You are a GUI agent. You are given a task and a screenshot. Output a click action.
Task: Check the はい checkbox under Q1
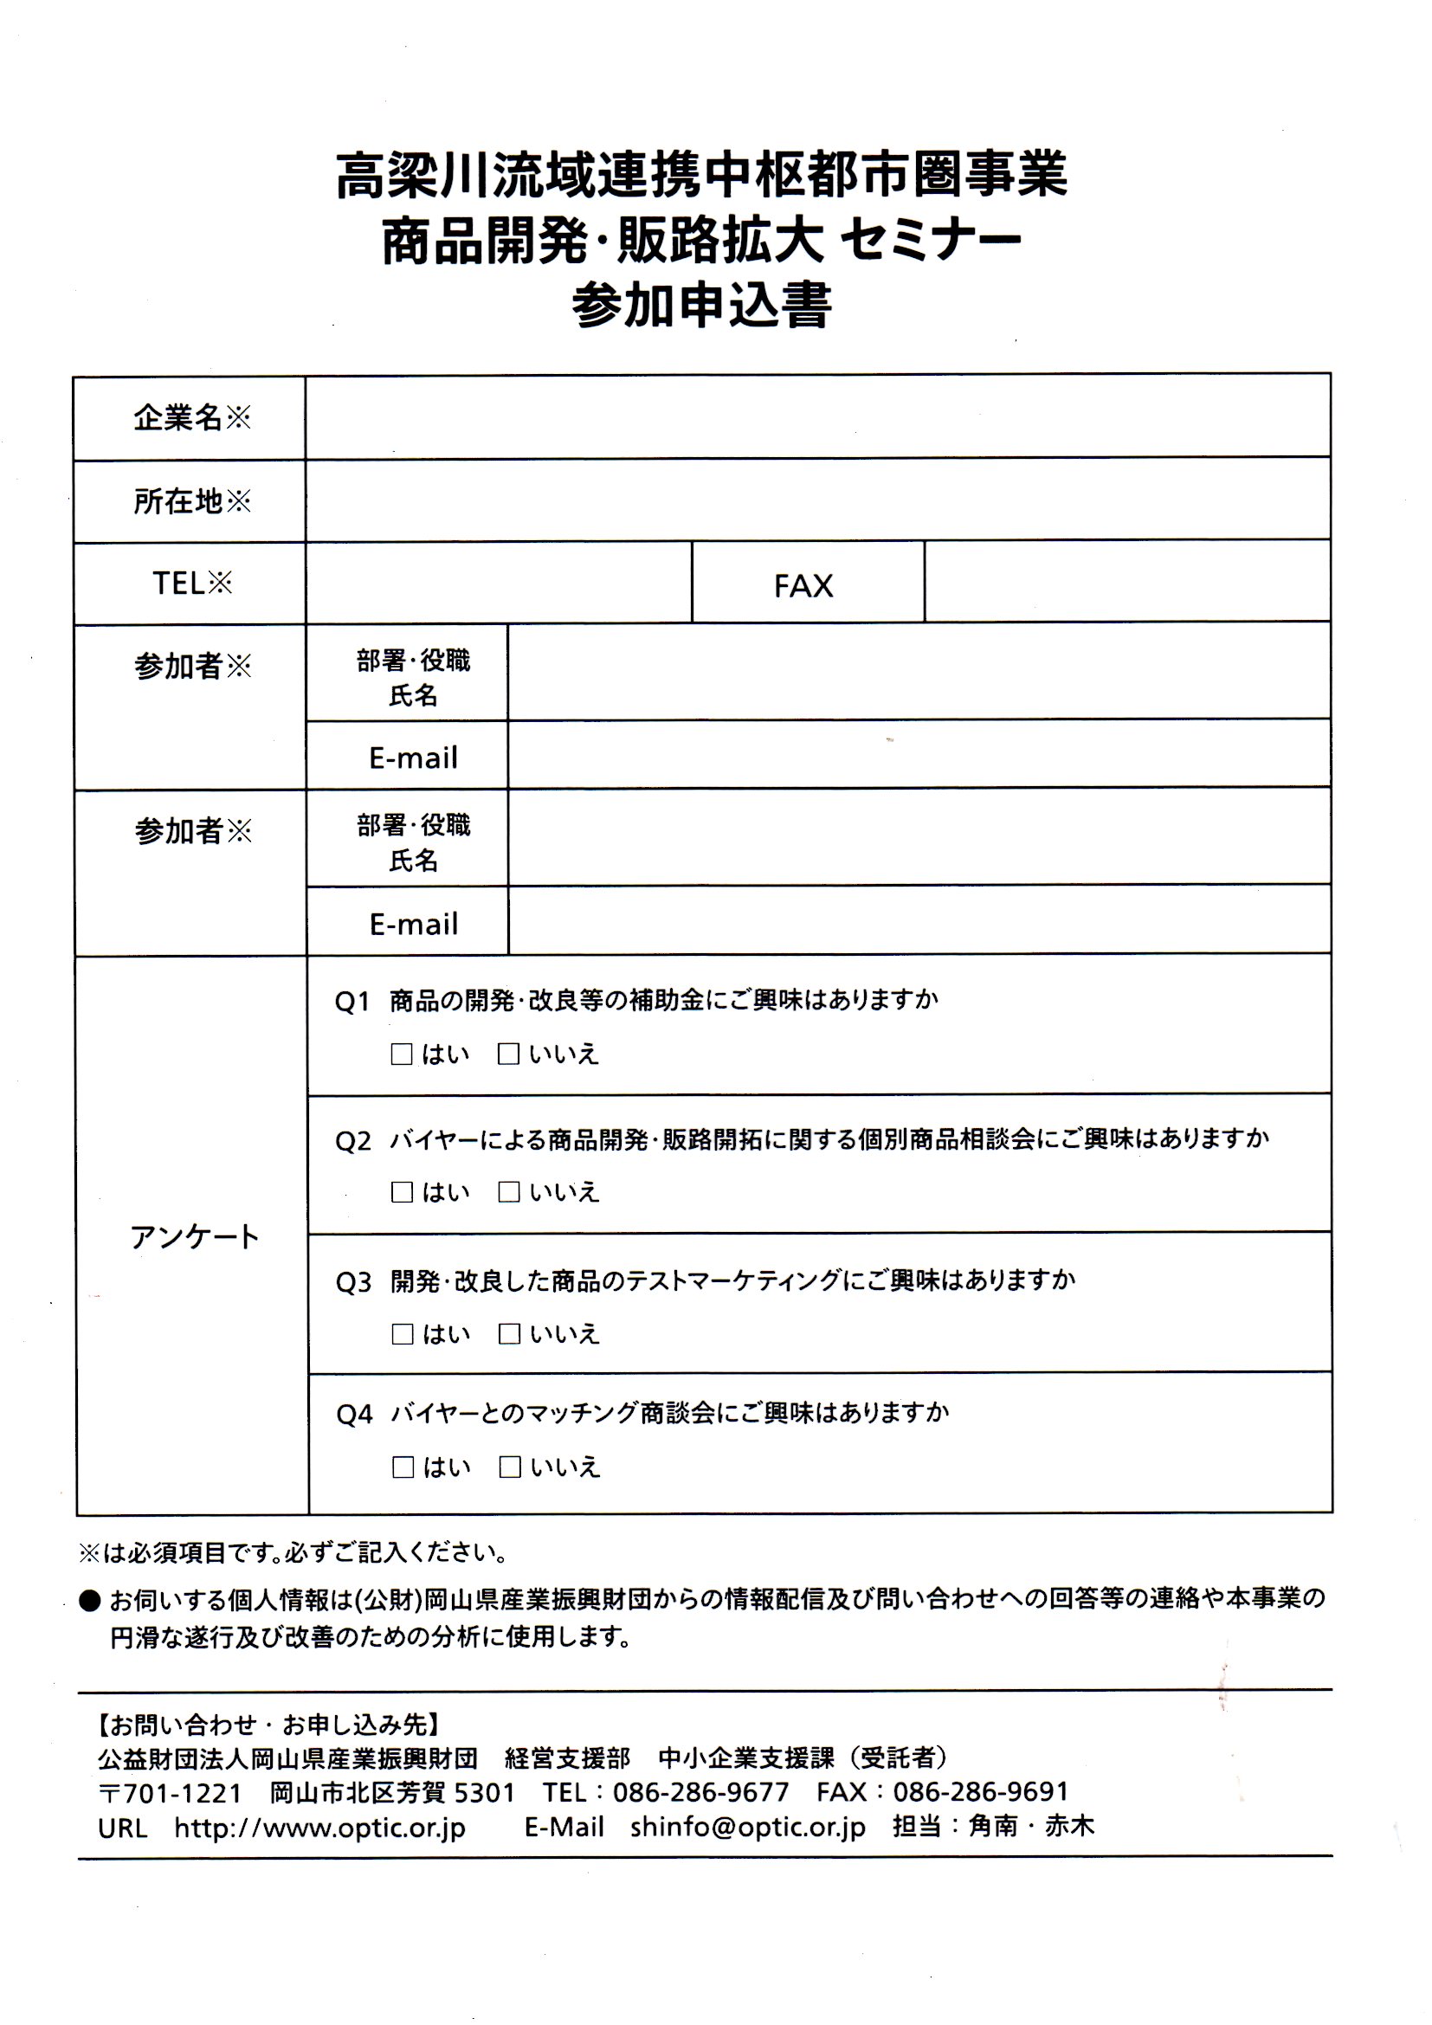coord(401,1054)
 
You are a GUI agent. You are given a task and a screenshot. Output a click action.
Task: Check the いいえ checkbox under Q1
coord(508,1054)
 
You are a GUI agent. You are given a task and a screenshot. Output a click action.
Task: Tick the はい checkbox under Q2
coord(402,1192)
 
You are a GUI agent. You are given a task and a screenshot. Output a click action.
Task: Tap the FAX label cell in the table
coord(803,585)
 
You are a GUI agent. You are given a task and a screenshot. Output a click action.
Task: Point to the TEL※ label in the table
coord(191,583)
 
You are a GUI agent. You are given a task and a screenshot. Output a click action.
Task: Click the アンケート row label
coord(194,1236)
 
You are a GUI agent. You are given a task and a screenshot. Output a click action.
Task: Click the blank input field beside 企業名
coord(816,416)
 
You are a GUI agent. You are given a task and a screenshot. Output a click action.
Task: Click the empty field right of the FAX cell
coord(1126,582)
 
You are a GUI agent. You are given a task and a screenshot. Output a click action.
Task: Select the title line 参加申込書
coord(702,305)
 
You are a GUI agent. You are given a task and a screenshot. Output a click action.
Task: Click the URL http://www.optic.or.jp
coord(319,1828)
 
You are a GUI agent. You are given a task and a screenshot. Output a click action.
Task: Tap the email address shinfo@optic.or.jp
coord(748,1827)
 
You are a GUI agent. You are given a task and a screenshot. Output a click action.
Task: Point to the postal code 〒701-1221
coord(170,1793)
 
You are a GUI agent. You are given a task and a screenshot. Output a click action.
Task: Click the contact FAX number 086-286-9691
coord(981,1791)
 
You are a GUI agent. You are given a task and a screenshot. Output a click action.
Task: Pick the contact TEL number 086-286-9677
coord(701,1792)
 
